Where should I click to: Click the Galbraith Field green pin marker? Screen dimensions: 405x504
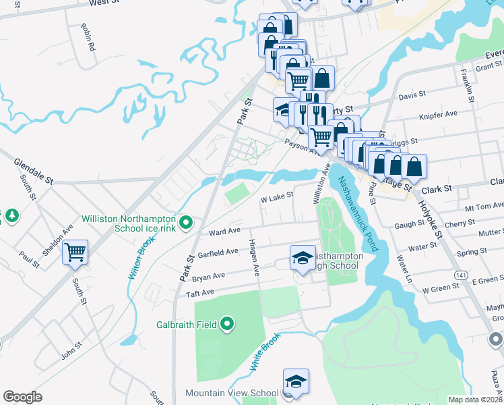pos(227,325)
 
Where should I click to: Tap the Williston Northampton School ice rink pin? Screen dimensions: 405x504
pos(188,221)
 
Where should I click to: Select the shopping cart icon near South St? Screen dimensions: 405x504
pos(75,252)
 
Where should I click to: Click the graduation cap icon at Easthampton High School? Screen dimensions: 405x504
pos(303,257)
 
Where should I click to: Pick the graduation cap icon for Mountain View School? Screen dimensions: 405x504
pos(296,381)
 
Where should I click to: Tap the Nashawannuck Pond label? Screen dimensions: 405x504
pos(359,213)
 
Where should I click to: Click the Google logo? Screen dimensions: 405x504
pos(22,397)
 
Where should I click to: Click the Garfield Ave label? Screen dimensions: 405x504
pos(218,253)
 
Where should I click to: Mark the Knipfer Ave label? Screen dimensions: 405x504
pos(443,115)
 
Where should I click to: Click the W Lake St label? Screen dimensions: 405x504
pos(277,196)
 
